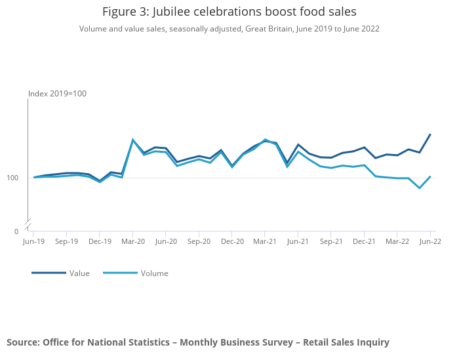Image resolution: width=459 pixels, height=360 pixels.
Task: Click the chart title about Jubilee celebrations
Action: coord(229,12)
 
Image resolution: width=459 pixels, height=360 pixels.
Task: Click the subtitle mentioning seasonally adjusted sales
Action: coord(229,29)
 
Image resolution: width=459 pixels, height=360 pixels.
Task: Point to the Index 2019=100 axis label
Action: coord(57,94)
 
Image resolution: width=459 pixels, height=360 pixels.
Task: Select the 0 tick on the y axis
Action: coord(16,231)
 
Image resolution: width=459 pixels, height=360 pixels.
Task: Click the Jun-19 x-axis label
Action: coord(33,241)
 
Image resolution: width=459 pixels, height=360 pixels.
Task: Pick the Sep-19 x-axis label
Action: coord(66,241)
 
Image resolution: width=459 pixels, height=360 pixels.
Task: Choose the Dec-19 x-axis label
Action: coord(100,241)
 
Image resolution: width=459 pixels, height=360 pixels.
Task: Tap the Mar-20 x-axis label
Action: coord(132,241)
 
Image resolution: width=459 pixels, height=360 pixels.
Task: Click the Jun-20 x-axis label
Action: coord(166,241)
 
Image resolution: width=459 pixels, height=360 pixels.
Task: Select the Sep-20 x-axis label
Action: coord(199,241)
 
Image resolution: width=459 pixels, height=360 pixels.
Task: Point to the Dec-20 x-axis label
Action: coord(232,241)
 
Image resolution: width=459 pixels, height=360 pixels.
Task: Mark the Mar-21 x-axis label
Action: coord(265,241)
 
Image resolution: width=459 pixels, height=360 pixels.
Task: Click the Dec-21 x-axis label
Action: coord(364,241)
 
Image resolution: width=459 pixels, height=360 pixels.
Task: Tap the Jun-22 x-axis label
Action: coord(430,241)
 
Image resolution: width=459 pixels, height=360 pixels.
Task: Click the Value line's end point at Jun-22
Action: coord(430,134)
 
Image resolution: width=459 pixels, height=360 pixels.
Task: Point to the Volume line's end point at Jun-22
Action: coord(430,176)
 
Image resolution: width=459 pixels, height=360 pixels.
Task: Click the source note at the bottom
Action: coord(198,342)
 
